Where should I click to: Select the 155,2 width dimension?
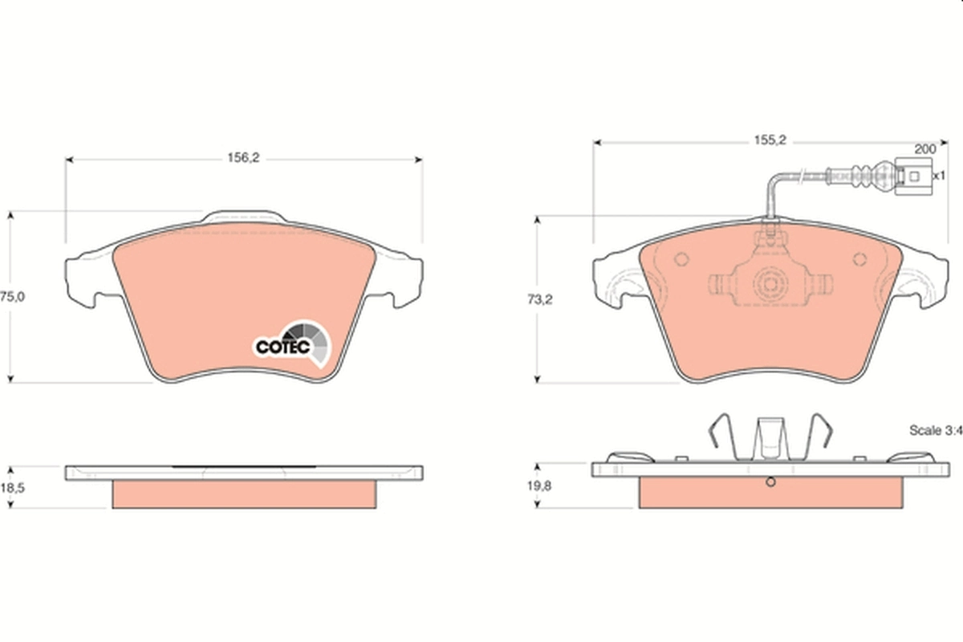coord(768,140)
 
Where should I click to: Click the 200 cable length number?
coord(925,149)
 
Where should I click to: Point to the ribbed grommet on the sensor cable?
coord(868,174)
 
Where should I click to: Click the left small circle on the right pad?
coord(682,259)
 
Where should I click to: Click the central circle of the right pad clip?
coord(770,284)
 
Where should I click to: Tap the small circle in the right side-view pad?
coord(770,482)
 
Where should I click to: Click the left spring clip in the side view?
coord(721,438)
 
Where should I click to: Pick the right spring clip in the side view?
coord(821,438)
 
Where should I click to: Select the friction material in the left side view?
coord(244,494)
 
